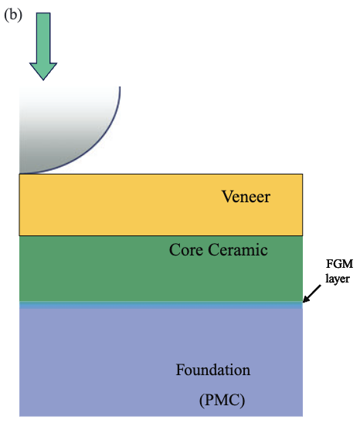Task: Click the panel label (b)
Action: click(14, 15)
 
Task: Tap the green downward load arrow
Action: click(43, 46)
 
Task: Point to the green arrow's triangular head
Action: click(43, 69)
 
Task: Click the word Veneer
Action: click(246, 197)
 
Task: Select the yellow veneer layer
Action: click(116, 205)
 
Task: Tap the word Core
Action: click(185, 250)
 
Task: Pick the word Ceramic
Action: click(236, 250)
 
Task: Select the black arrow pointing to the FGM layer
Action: click(314, 294)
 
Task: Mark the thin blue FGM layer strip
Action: click(155, 306)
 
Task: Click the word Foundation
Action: click(212, 371)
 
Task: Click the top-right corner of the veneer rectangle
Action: click(302, 174)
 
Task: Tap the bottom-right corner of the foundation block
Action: click(301, 415)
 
